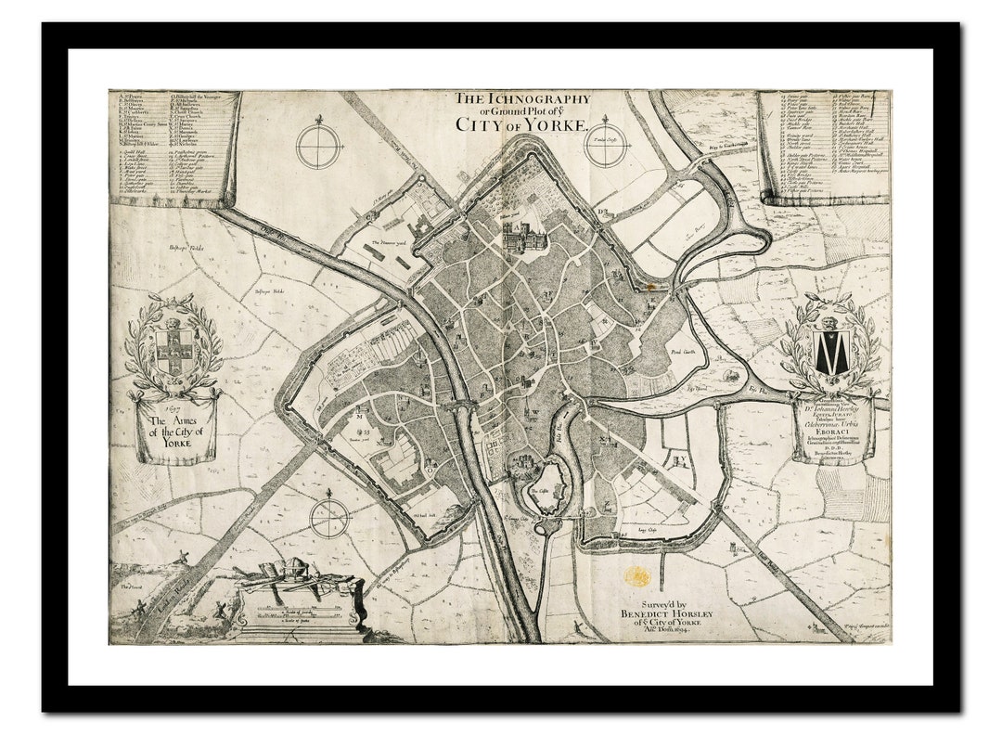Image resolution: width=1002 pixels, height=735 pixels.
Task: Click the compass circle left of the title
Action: tap(319, 147)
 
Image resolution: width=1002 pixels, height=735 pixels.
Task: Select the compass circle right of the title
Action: tap(607, 146)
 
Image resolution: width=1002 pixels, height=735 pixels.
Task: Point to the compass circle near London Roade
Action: tap(329, 517)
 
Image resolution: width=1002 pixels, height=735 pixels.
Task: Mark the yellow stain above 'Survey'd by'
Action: tap(637, 576)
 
